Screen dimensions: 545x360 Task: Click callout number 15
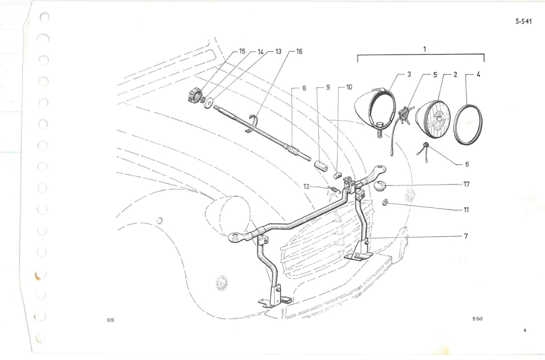point(242,51)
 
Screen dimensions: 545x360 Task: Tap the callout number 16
point(299,52)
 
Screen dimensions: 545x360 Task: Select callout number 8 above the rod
point(304,88)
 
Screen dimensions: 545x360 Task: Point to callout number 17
point(466,184)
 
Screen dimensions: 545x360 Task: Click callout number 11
point(466,210)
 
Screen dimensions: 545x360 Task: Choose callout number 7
point(466,236)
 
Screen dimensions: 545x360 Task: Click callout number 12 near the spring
point(306,187)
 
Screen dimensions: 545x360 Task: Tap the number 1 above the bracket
point(424,49)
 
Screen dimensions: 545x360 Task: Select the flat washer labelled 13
point(208,103)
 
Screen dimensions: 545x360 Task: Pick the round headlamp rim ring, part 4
point(468,125)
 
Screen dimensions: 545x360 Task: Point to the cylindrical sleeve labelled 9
point(321,166)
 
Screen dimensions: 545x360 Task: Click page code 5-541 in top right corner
point(523,22)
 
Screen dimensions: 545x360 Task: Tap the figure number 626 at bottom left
point(110,320)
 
